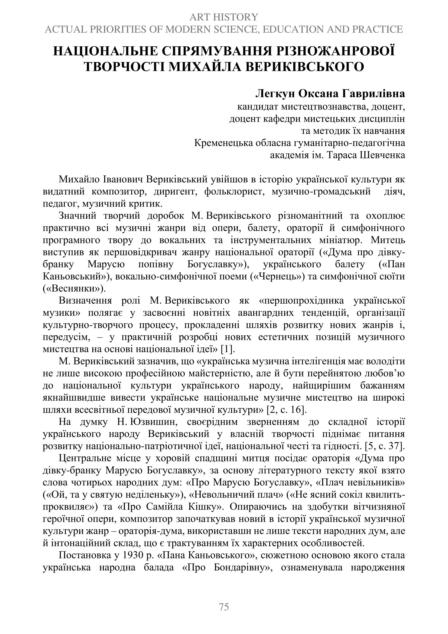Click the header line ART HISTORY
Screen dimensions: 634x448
224,17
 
